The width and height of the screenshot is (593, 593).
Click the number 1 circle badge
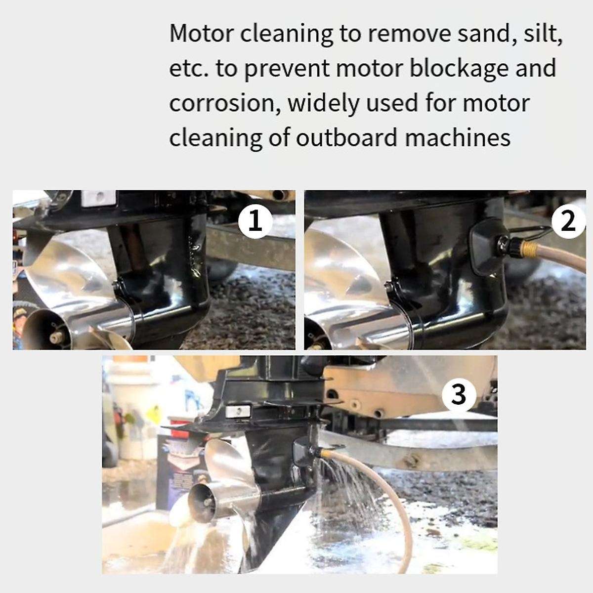click(x=255, y=221)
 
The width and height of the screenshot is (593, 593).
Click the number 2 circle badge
click(x=568, y=221)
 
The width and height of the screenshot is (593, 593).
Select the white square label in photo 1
click(x=97, y=198)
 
